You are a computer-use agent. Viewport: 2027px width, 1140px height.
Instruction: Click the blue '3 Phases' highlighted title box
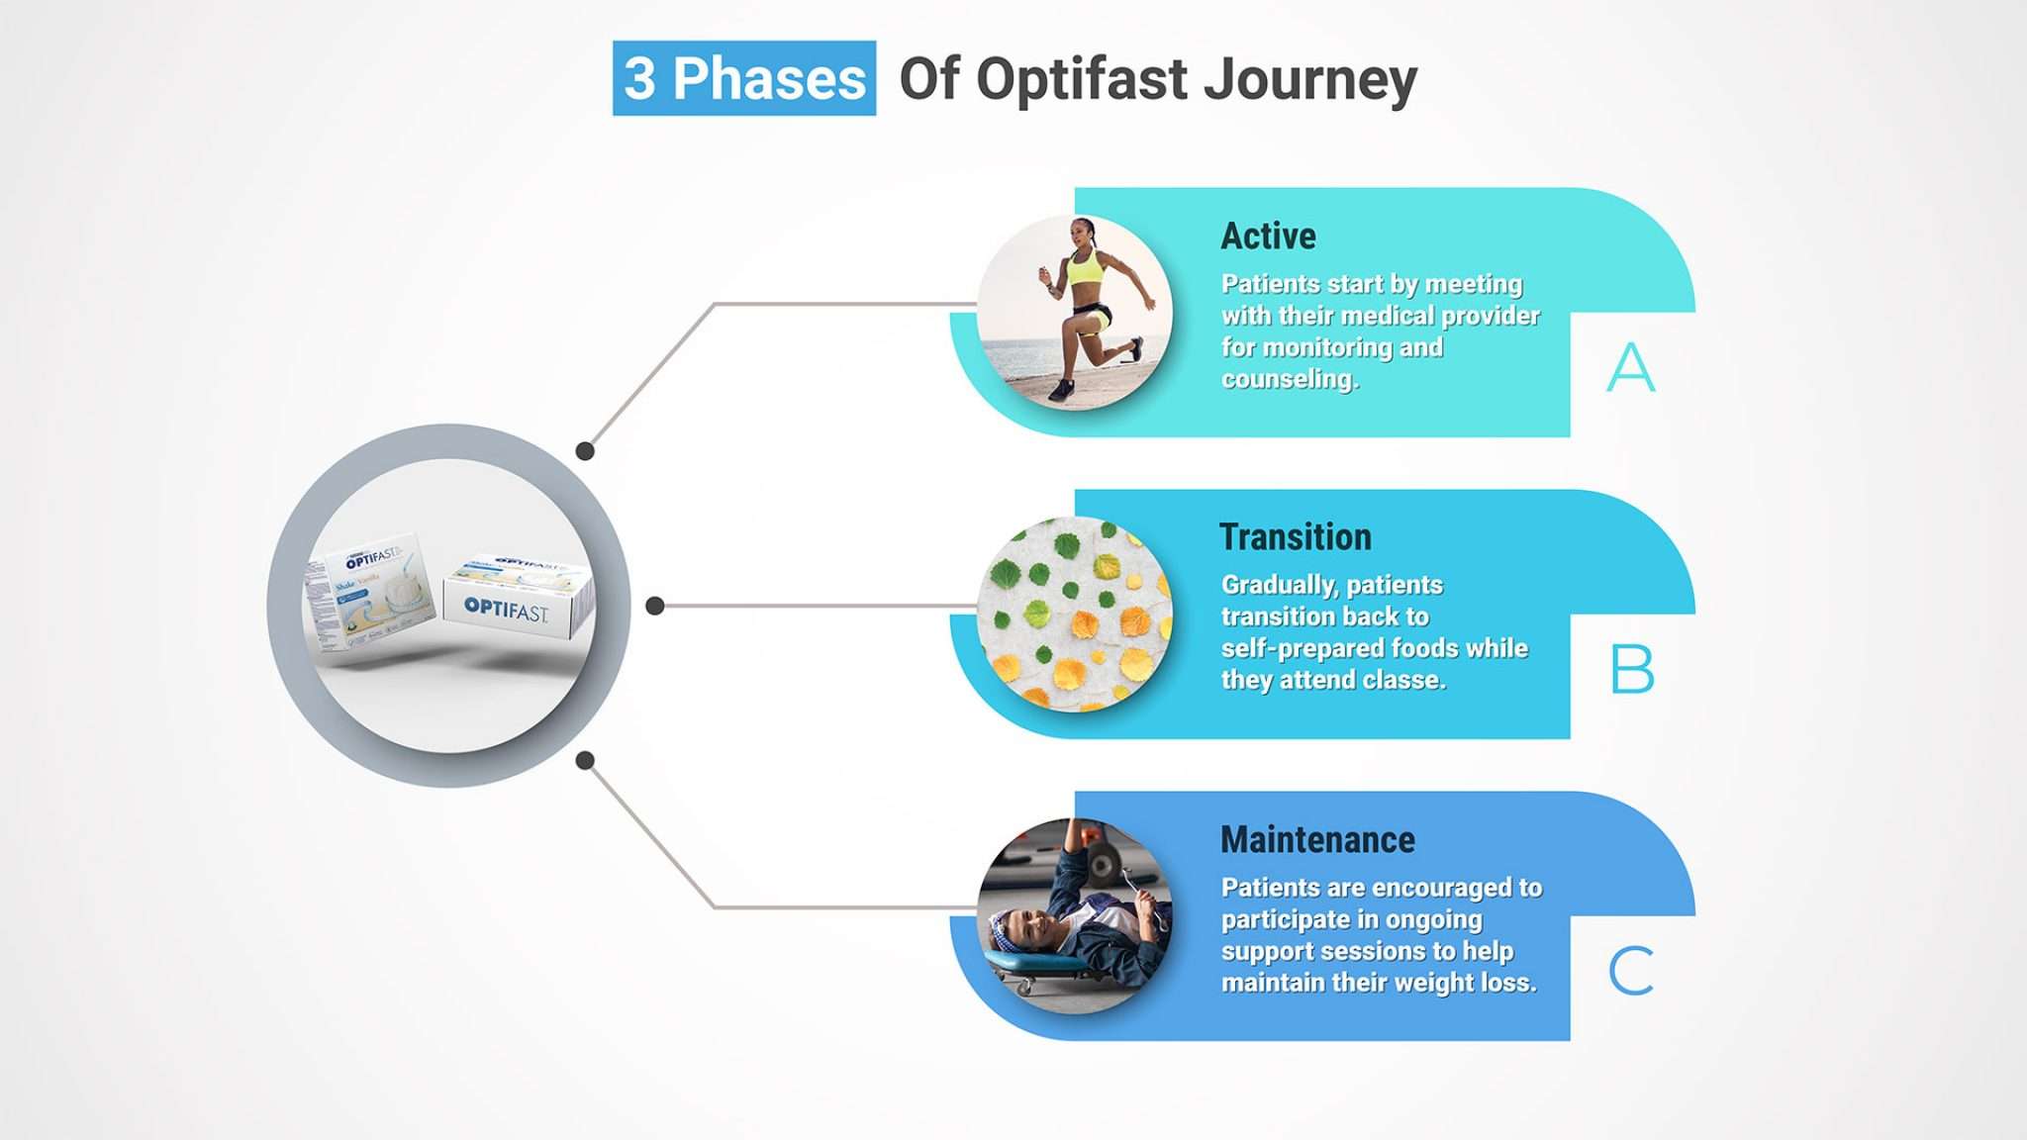click(x=743, y=78)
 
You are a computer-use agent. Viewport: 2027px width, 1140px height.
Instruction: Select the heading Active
click(x=1268, y=237)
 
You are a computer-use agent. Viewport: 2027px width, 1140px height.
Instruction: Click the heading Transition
click(x=1295, y=537)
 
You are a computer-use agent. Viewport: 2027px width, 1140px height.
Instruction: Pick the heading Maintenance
click(x=1317, y=840)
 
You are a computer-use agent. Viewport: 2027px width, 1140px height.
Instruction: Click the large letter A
click(x=1630, y=367)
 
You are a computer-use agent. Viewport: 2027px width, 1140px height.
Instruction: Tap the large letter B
click(x=1631, y=669)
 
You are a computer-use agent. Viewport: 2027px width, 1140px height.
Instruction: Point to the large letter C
click(x=1630, y=971)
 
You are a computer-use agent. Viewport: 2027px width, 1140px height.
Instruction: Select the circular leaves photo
click(x=1074, y=614)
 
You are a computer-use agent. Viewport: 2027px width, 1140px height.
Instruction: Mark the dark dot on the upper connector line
click(x=585, y=451)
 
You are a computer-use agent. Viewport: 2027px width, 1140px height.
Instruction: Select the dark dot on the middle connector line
click(x=654, y=606)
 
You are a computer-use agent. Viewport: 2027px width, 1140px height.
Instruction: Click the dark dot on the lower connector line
click(x=585, y=760)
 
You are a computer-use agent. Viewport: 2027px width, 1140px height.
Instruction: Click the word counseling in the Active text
click(x=1289, y=379)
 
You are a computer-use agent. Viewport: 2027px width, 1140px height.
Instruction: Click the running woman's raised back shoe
click(x=1136, y=347)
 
